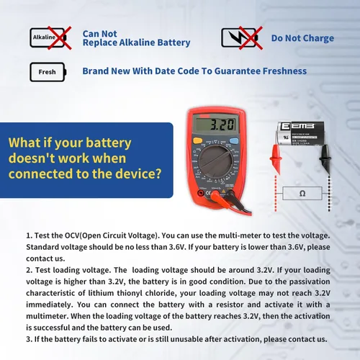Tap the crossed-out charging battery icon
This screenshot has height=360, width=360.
point(242,38)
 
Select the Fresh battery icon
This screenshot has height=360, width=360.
point(48,72)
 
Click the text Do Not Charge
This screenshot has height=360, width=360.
point(302,38)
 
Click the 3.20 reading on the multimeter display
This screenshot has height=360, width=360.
point(222,125)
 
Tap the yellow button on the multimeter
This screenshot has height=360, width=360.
point(197,140)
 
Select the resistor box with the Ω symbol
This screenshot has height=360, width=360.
point(302,193)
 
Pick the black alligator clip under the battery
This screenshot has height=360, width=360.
point(325,158)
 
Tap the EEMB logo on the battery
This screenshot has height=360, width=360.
point(297,126)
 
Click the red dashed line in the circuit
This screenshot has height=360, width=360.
point(276,193)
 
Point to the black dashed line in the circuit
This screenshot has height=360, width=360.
point(329,193)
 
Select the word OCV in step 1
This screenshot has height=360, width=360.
point(72,235)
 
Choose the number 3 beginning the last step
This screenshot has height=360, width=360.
point(28,339)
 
